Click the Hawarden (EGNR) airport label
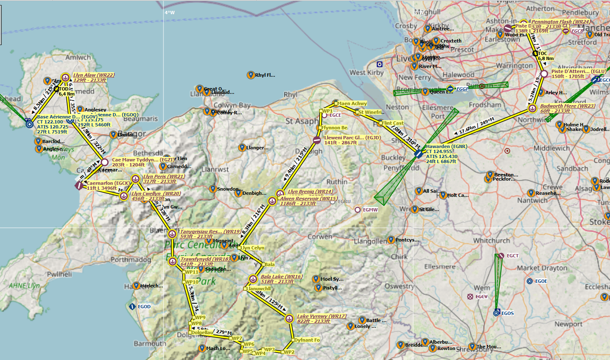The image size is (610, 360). [446, 146]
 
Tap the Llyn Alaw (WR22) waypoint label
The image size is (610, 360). [93, 75]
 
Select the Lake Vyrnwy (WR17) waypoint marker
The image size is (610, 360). [289, 319]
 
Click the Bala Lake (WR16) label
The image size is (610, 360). [281, 277]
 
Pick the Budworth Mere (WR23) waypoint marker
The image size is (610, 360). [532, 109]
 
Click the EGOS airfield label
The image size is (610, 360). [507, 313]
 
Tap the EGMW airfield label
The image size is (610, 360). [370, 210]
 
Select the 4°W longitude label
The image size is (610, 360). [170, 13]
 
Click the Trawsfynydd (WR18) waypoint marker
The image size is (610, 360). [173, 262]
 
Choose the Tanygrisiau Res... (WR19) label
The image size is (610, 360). [210, 232]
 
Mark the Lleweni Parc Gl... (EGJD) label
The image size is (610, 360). [352, 138]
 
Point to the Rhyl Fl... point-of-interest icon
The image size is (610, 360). [251, 75]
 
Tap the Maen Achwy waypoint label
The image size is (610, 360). [352, 103]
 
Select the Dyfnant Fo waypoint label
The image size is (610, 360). [307, 340]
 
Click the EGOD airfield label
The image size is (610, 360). [144, 307]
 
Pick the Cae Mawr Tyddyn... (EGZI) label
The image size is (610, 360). [143, 160]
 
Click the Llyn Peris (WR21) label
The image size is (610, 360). [164, 176]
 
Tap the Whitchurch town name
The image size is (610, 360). [491, 241]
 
